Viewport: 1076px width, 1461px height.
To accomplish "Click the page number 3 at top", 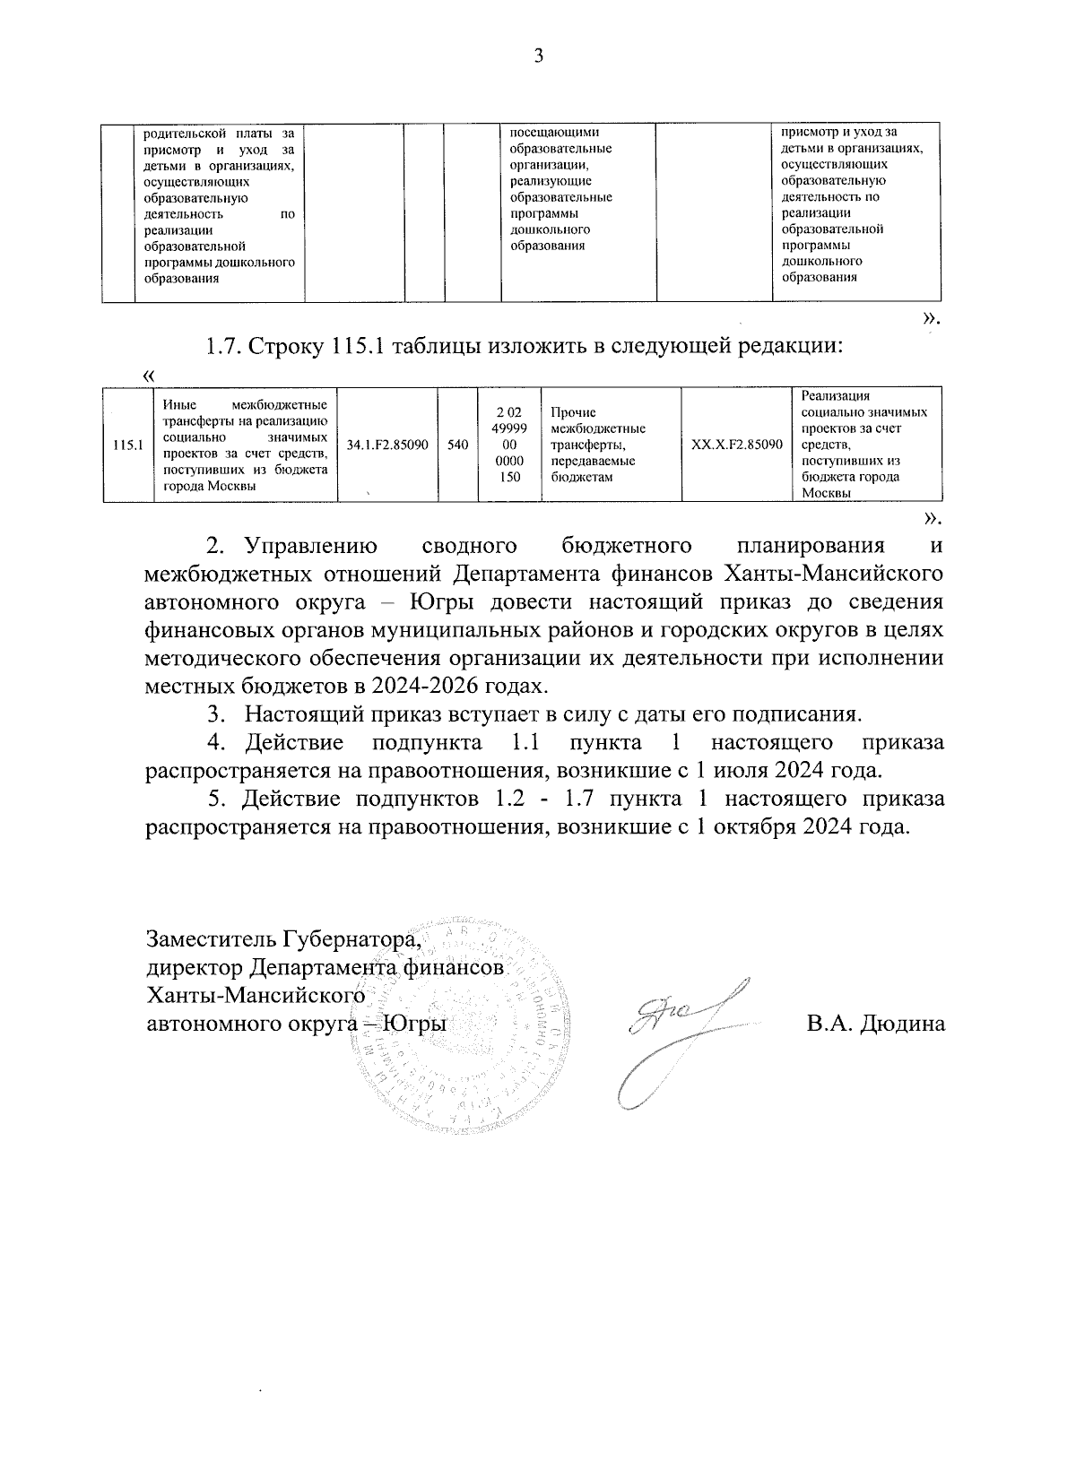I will [x=538, y=56].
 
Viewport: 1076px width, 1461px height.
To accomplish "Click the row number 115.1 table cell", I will [x=128, y=445].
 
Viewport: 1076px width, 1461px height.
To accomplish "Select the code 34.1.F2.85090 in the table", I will [x=386, y=445].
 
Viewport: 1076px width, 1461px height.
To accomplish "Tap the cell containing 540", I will [x=457, y=445].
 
